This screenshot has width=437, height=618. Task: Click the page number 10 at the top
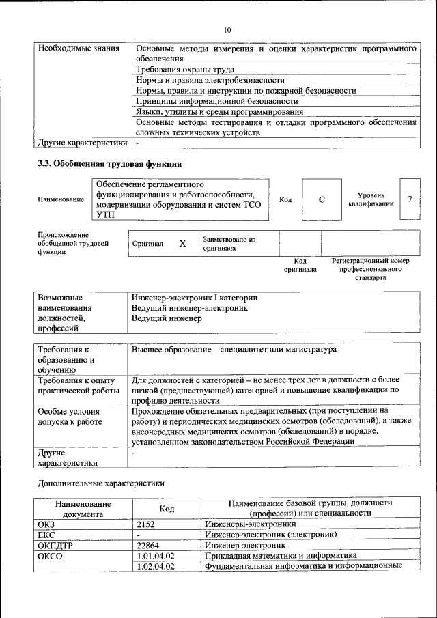pyautogui.click(x=227, y=29)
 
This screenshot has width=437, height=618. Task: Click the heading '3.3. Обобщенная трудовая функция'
pyautogui.click(x=109, y=164)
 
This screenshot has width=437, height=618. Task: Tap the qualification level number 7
pyautogui.click(x=409, y=199)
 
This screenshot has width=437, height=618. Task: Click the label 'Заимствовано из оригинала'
pyautogui.click(x=228, y=244)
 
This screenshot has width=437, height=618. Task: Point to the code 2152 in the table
pyautogui.click(x=147, y=524)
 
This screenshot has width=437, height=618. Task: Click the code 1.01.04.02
pyautogui.click(x=156, y=556)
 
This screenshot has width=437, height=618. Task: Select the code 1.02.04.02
pyautogui.click(x=156, y=566)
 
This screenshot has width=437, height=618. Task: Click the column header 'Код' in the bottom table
pyautogui.click(x=167, y=509)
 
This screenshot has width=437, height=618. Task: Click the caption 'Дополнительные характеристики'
pyautogui.click(x=100, y=482)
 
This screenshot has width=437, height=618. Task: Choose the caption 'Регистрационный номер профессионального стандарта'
pyautogui.click(x=370, y=269)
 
